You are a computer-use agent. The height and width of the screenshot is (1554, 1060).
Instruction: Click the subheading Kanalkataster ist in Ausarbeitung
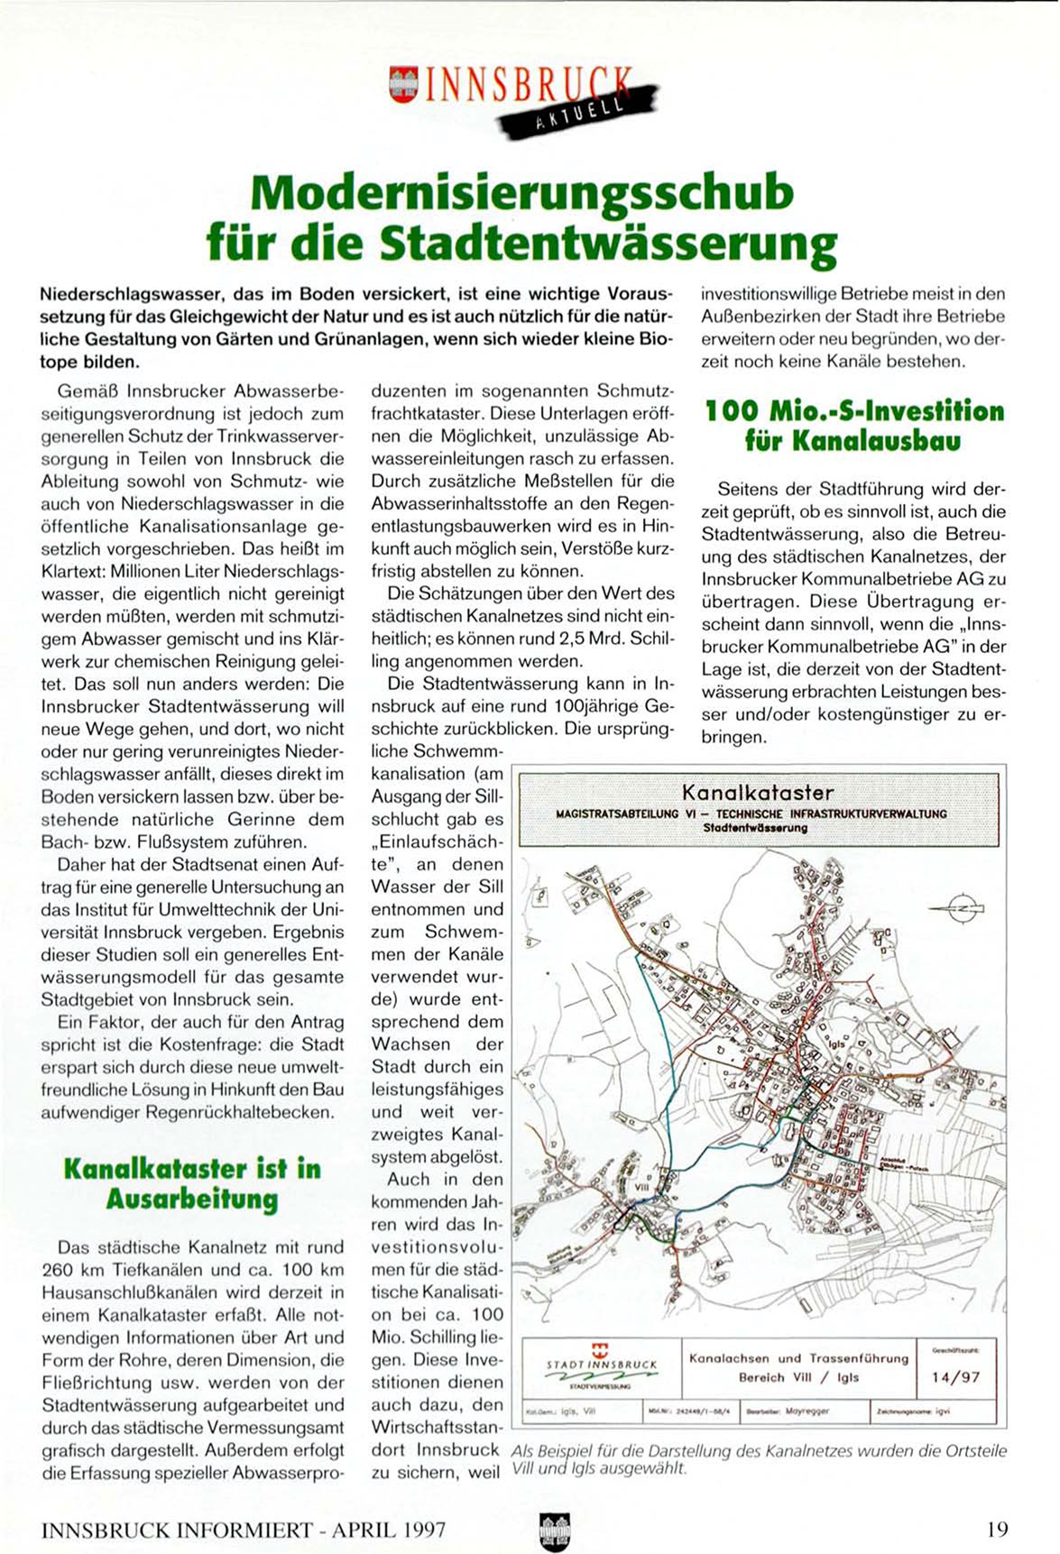click(x=192, y=1183)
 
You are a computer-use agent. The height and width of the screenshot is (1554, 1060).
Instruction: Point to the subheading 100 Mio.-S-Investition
click(x=853, y=411)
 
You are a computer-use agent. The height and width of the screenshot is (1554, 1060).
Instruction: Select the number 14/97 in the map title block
click(x=955, y=1377)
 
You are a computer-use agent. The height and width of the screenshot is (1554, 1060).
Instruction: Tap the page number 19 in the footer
click(x=997, y=1503)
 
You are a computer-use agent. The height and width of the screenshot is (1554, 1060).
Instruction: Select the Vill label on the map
click(x=642, y=1189)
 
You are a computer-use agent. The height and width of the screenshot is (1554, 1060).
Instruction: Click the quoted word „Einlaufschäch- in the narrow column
click(x=438, y=841)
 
